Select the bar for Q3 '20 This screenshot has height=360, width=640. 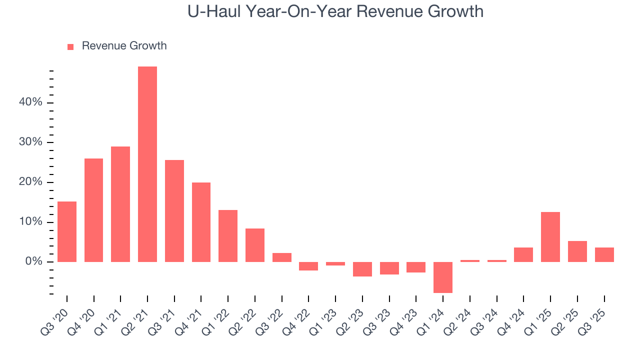67,231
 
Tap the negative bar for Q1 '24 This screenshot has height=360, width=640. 443,277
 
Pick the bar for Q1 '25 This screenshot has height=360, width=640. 550,237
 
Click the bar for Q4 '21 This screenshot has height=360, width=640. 201,222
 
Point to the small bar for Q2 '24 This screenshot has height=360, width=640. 470,260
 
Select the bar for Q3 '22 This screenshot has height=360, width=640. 282,257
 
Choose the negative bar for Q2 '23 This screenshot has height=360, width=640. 362,269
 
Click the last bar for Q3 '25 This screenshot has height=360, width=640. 604,254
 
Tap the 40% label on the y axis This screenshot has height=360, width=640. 31,102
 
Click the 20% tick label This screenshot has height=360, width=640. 31,182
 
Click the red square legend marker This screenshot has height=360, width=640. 70,46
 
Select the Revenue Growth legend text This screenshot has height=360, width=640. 124,46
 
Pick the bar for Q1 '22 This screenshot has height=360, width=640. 228,236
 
